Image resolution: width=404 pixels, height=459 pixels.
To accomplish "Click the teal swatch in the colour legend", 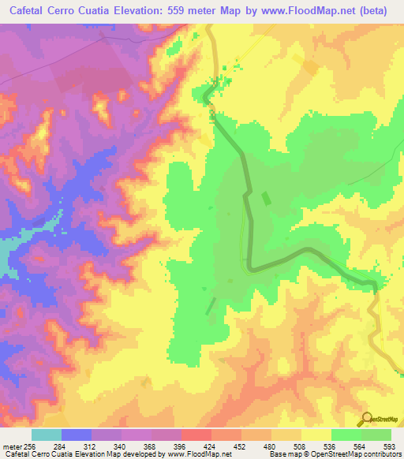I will point(47,435).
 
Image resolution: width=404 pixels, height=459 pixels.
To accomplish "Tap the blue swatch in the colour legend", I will point(77,435).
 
